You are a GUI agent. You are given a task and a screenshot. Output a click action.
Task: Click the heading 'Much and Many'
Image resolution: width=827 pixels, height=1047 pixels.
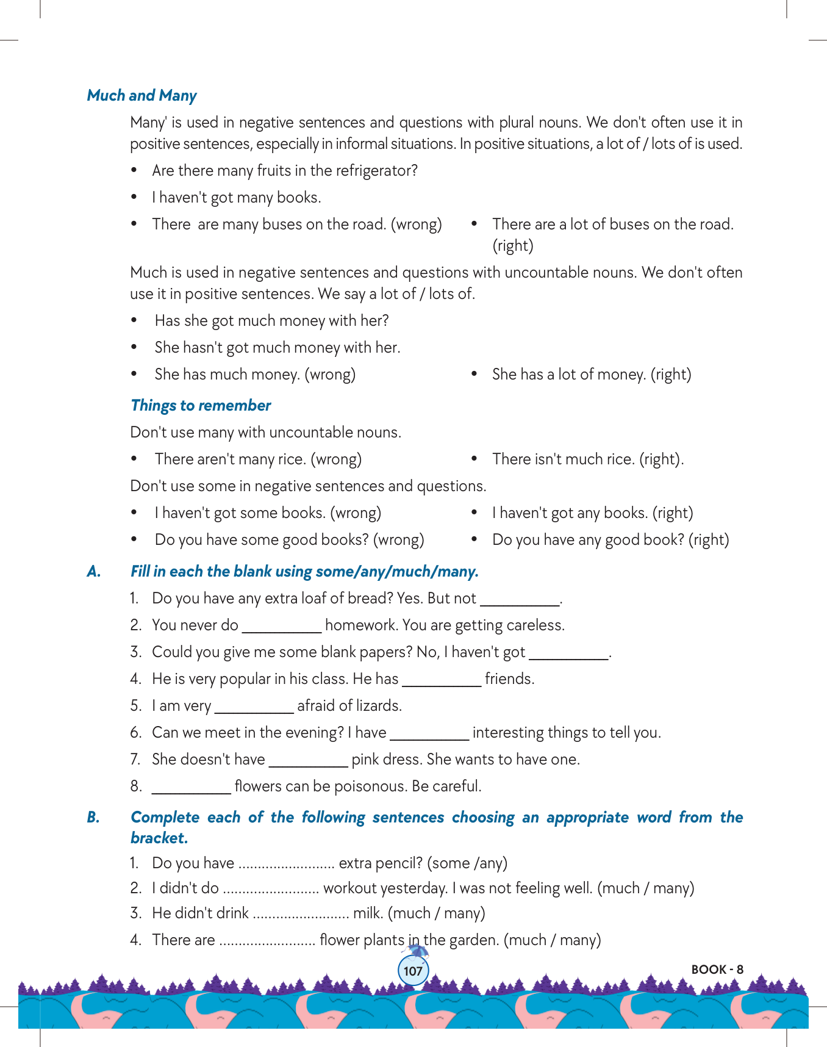pos(141,96)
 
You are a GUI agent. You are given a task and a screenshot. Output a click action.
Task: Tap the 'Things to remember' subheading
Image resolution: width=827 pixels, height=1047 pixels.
pos(201,406)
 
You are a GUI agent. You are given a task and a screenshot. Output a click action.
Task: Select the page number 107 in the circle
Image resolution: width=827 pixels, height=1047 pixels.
pos(413,971)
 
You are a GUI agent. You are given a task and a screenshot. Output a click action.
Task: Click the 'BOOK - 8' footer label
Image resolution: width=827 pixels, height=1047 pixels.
pos(717,970)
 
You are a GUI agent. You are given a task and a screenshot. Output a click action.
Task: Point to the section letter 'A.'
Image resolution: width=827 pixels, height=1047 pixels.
pos(94,572)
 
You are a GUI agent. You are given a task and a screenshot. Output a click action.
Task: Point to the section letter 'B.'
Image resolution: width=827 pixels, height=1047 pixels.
pos(93,818)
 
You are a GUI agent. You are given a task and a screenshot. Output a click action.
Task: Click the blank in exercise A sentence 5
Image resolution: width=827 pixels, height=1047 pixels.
pos(254,707)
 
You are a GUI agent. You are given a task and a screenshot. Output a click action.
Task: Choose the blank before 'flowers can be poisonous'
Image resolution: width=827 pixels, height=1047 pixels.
pos(191,787)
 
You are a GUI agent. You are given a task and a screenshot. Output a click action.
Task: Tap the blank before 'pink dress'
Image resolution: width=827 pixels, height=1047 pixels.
pos(308,760)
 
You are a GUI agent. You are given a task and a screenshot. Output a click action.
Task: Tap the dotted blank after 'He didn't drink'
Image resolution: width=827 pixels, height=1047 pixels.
pos(300,914)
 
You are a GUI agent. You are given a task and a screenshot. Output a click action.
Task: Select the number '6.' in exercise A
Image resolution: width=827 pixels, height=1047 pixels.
pos(136,733)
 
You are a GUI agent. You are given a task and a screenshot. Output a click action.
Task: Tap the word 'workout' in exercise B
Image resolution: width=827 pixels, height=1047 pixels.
pos(349,888)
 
